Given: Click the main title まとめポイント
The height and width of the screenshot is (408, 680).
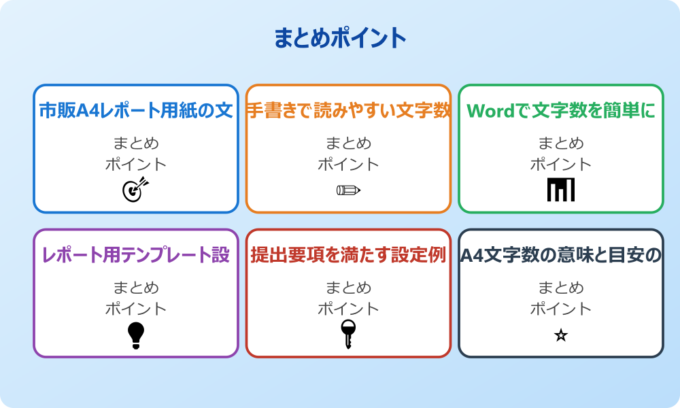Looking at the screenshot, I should [340, 38].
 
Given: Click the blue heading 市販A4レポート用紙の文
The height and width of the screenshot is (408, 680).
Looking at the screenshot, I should [136, 110].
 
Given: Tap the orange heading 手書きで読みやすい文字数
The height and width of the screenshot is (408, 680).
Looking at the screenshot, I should [348, 110].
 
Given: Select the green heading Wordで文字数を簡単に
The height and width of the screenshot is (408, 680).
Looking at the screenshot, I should [561, 110].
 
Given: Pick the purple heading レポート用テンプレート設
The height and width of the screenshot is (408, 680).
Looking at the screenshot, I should [136, 255].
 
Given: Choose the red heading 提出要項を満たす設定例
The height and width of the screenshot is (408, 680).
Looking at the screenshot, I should [348, 255].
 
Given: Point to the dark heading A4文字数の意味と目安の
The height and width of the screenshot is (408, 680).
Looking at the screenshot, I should [561, 255].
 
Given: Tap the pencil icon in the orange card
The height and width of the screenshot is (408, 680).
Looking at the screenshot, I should [348, 190].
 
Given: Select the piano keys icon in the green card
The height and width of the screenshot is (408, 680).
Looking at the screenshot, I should [561, 190].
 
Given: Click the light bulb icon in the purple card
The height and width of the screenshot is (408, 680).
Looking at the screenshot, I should [136, 335].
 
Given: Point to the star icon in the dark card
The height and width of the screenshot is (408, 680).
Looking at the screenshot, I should [561, 335].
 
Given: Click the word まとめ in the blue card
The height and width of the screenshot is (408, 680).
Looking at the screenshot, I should [136, 143].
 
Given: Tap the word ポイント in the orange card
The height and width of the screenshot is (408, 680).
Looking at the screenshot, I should [348, 164].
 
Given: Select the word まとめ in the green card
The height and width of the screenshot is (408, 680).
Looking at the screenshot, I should [561, 143].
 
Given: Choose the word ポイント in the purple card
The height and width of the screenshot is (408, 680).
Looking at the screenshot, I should [136, 309].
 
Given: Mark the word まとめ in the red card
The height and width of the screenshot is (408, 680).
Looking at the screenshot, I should [348, 288].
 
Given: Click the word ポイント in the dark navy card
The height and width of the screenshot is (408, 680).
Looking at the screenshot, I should [561, 309].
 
